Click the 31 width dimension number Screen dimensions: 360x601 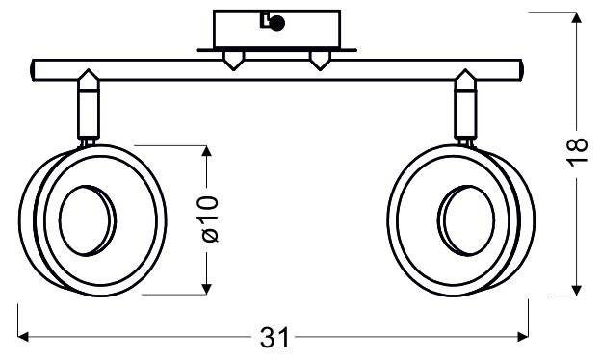[274, 338]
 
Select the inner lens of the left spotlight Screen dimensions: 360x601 [86, 218]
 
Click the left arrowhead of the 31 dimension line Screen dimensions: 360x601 [24, 337]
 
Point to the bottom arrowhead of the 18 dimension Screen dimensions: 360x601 [575, 291]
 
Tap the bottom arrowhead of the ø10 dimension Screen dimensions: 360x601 [205, 290]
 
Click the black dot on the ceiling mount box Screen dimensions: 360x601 [276, 25]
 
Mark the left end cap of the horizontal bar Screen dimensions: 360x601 [36, 70]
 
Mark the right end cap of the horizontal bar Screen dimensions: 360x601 [519, 70]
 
